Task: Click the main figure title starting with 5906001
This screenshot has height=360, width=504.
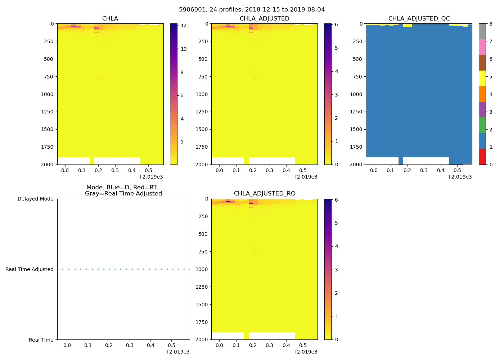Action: pos(252,10)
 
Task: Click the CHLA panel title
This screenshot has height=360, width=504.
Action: pos(110,19)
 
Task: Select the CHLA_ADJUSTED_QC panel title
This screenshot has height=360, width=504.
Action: pos(419,19)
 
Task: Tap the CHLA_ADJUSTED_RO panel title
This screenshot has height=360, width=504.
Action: pos(265,194)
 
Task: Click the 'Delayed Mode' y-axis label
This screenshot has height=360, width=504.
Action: pos(35,199)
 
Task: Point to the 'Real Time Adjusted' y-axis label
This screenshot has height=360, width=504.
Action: pos(30,269)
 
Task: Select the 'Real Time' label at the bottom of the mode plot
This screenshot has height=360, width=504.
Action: pos(41,340)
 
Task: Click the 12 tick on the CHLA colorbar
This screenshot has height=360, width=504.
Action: pos(183,26)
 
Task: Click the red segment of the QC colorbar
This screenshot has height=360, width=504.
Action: pos(482,157)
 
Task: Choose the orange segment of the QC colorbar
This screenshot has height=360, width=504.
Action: pos(482,94)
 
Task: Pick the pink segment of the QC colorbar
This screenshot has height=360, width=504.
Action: pos(482,47)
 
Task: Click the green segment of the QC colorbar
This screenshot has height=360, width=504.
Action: pos(482,125)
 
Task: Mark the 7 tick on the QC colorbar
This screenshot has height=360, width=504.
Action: pos(491,41)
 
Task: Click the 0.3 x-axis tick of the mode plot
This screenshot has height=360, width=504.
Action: pos(130,346)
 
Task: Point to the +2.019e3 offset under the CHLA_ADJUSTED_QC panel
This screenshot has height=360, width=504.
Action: pos(459,177)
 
